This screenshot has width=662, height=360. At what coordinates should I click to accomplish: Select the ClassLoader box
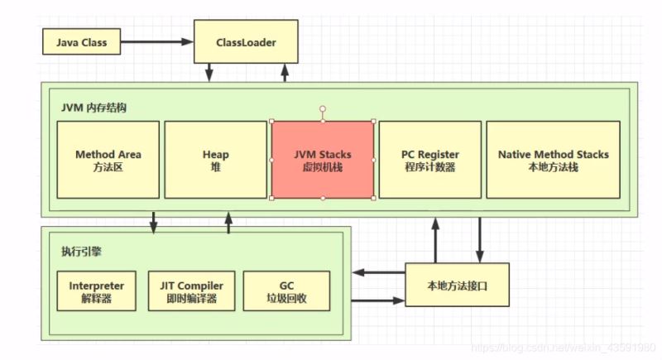[246, 41]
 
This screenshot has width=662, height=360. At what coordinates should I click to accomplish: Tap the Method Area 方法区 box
[108, 160]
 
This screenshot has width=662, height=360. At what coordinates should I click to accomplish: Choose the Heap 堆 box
[215, 160]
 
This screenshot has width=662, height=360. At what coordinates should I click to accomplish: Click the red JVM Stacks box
[323, 160]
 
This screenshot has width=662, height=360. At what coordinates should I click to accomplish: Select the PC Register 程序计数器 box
[429, 160]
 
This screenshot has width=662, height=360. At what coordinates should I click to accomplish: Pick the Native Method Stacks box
[553, 160]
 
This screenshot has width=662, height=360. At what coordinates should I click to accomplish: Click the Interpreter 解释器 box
[96, 290]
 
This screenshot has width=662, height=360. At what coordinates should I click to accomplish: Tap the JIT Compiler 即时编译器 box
[191, 290]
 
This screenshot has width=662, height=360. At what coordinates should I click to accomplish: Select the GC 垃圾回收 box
[286, 290]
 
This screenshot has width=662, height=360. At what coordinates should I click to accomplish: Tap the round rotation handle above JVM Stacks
[323, 108]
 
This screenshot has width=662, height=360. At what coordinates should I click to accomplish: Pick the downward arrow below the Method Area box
[154, 223]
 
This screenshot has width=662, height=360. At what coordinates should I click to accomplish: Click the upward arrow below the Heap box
[229, 223]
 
